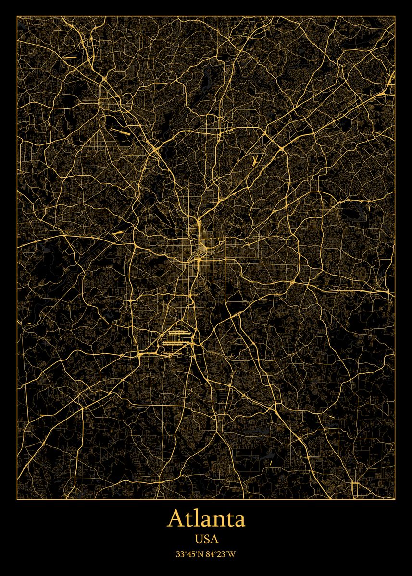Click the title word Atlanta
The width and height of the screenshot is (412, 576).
tap(206, 519)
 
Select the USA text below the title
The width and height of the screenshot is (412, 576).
tap(206, 540)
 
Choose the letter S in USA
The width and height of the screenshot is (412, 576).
tap(206, 540)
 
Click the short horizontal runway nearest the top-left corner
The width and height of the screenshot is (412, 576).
tap(71, 57)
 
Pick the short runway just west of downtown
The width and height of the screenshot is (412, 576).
tap(118, 233)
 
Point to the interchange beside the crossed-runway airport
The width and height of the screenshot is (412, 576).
tap(280, 150)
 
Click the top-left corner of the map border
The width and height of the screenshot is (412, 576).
tap(17, 16)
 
